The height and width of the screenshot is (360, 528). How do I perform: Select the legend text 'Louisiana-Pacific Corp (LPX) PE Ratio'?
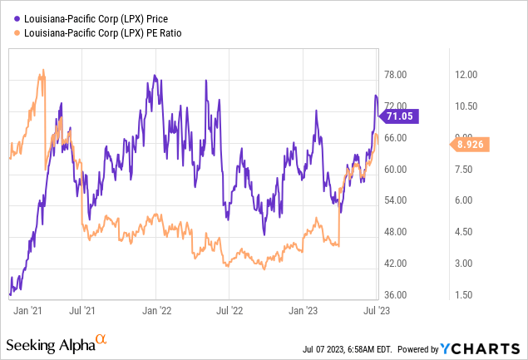pyautogui.click(x=98, y=32)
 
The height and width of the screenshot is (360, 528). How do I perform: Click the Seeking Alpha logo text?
pyautogui.click(x=49, y=343)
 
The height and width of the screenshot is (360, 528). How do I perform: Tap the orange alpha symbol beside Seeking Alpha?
pyautogui.click(x=101, y=339)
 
